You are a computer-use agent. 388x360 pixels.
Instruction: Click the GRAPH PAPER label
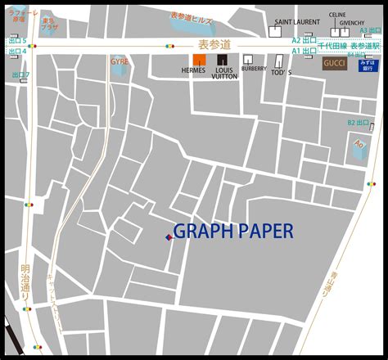(233, 232)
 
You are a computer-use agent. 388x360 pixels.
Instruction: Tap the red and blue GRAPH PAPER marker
(169, 237)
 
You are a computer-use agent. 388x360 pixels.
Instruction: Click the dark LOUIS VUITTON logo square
(222, 60)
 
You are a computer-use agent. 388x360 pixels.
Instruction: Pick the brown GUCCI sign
(334, 64)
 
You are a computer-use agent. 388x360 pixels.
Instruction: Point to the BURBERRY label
(254, 70)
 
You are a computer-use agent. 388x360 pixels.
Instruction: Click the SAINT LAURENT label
(297, 22)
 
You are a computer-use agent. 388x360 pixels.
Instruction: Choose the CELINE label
(336, 15)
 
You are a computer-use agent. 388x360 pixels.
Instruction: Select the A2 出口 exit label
(305, 38)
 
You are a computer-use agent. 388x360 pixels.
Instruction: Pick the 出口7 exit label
(20, 75)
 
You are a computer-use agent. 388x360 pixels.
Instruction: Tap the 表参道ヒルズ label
(192, 16)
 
